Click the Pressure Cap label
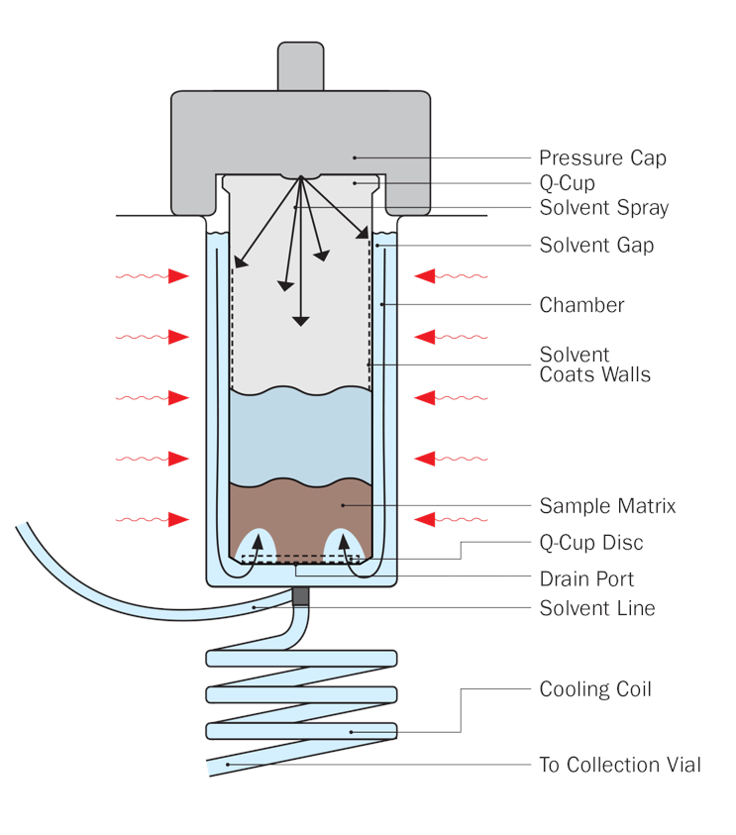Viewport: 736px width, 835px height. pyautogui.click(x=602, y=157)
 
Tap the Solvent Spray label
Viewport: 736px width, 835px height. pyautogui.click(x=603, y=208)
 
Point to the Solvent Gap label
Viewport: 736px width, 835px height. pyautogui.click(x=596, y=245)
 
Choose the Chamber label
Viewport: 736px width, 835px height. pyautogui.click(x=581, y=305)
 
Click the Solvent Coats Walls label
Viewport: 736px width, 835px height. pyautogui.click(x=594, y=365)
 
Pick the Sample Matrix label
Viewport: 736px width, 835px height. pyautogui.click(x=607, y=506)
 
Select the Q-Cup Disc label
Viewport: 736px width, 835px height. pyautogui.click(x=591, y=543)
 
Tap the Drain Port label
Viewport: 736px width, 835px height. pyautogui.click(x=586, y=578)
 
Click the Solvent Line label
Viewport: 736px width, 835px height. pyautogui.click(x=597, y=608)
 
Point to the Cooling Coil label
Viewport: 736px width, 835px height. pyautogui.click(x=595, y=689)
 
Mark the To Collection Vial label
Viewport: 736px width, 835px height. pyautogui.click(x=619, y=765)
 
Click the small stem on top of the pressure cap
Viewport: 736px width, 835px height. pyautogui.click(x=300, y=65)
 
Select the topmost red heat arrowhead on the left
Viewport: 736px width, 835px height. pyautogui.click(x=178, y=276)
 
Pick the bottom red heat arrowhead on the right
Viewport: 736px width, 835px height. pyautogui.click(x=425, y=518)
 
